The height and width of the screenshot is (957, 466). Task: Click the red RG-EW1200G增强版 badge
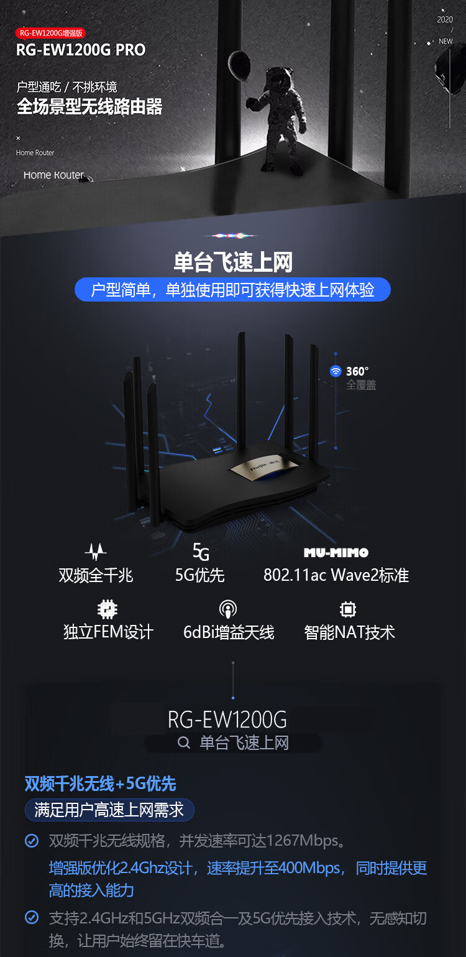pyautogui.click(x=51, y=33)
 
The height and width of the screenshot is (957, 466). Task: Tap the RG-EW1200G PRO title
pyautogui.click(x=81, y=50)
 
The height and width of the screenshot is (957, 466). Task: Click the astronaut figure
pyautogui.click(x=277, y=119)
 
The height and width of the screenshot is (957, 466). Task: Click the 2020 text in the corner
pyautogui.click(x=445, y=20)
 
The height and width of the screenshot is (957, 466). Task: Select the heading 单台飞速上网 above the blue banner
pyautogui.click(x=233, y=262)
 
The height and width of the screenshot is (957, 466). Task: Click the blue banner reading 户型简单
pyautogui.click(x=232, y=290)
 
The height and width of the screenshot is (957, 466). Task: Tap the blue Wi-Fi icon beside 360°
pyautogui.click(x=336, y=371)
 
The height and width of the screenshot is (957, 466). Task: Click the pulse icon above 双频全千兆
pyautogui.click(x=96, y=552)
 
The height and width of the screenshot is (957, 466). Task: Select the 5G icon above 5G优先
pyautogui.click(x=201, y=552)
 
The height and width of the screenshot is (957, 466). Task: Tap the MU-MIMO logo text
pyautogui.click(x=336, y=553)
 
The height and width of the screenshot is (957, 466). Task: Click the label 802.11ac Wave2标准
pyautogui.click(x=336, y=575)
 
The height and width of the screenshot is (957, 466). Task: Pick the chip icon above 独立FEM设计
pyautogui.click(x=107, y=609)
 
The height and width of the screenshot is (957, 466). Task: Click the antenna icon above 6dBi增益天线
pyautogui.click(x=228, y=609)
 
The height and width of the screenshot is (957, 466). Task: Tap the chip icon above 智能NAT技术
pyautogui.click(x=348, y=609)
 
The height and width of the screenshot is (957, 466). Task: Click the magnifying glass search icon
pyautogui.click(x=184, y=743)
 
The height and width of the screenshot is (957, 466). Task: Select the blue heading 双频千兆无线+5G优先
pyautogui.click(x=100, y=784)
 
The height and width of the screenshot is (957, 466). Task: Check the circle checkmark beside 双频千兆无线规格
pyautogui.click(x=32, y=841)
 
